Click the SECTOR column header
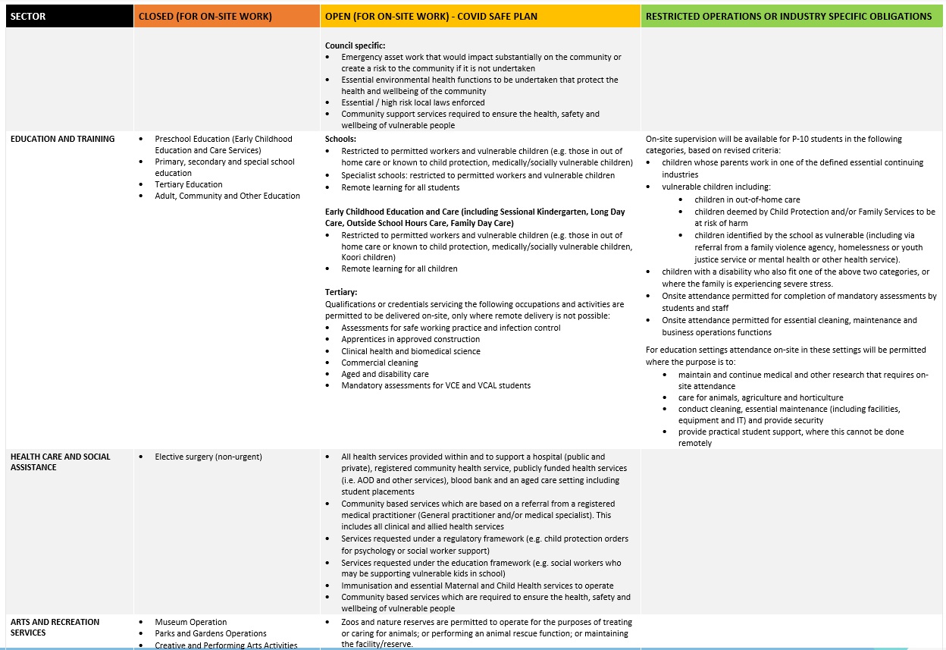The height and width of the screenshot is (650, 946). pos(28,16)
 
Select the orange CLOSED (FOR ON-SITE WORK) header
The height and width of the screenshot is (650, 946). pos(205,16)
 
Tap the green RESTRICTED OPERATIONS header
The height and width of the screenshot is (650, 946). pos(789,16)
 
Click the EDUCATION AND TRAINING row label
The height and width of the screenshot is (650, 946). pos(63,139)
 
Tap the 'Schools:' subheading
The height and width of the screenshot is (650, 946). pos(340,140)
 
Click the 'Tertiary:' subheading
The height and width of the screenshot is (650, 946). pos(341,292)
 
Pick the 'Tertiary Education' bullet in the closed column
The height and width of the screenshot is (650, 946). pos(189,184)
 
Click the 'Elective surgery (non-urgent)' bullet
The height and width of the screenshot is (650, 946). pos(208,457)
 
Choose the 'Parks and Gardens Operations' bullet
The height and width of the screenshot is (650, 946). pos(211,633)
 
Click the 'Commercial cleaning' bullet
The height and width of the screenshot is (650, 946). pos(379,363)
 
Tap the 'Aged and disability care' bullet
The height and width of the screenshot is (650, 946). pos(384,374)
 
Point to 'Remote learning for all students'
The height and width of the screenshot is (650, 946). pos(400,187)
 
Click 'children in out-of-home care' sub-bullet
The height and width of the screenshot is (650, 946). pos(747,199)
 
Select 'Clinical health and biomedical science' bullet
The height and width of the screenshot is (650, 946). pos(410,351)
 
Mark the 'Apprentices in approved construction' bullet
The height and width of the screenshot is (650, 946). pos(410,340)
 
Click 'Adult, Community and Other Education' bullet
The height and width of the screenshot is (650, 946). pos(227,196)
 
